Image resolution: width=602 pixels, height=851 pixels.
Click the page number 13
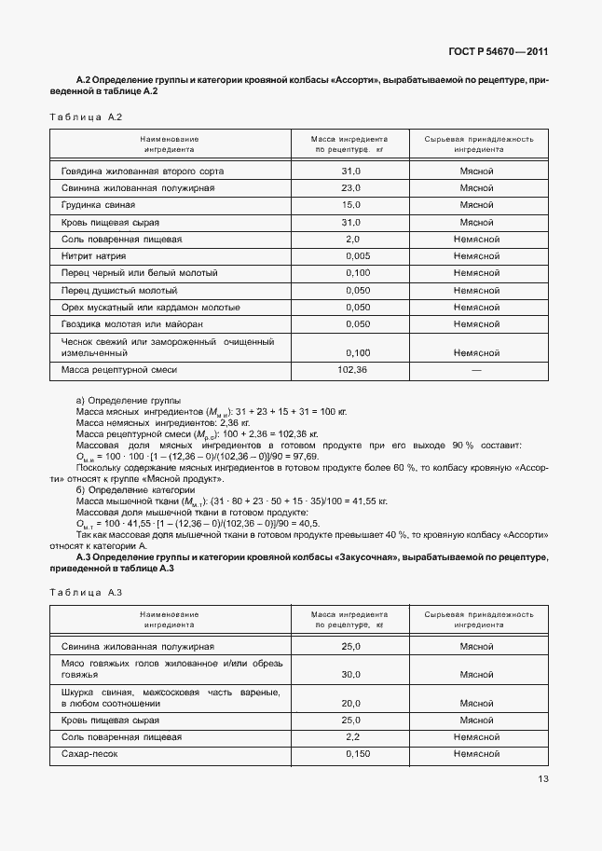(x=542, y=779)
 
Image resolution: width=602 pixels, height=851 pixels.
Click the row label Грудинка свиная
(x=98, y=205)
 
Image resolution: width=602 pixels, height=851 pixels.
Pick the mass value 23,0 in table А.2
(x=350, y=188)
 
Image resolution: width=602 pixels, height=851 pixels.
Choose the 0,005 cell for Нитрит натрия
(x=357, y=256)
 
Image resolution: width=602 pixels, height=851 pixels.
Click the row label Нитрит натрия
(x=93, y=256)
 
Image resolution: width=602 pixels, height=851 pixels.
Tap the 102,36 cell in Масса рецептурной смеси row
(x=353, y=371)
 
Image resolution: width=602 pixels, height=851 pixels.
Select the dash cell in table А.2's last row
(x=476, y=371)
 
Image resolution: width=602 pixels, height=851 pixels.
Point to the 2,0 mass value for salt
(x=353, y=240)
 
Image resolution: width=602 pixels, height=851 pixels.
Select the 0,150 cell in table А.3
(x=357, y=753)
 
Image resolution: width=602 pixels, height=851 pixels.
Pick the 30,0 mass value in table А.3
(x=350, y=674)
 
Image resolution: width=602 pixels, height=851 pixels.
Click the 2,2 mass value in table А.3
(x=353, y=736)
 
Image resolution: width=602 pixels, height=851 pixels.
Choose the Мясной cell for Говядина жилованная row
(x=476, y=172)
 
